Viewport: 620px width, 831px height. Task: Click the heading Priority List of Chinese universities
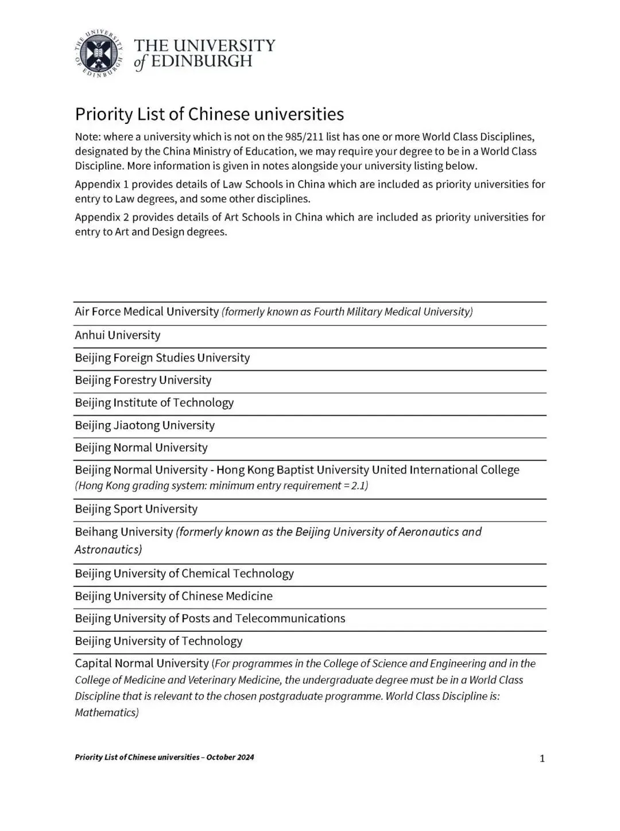(209, 114)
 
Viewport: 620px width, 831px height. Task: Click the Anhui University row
(118, 335)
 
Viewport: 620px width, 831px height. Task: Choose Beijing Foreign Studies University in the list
(162, 358)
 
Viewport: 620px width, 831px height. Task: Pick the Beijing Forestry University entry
(143, 380)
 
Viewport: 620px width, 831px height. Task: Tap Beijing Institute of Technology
(154, 403)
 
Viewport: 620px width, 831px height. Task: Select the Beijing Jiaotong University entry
(145, 425)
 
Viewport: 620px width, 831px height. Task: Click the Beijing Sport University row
(136, 509)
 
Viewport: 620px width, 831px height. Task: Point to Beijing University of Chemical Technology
(184, 573)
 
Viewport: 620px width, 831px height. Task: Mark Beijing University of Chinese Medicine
(173, 596)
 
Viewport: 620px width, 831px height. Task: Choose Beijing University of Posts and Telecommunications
(210, 618)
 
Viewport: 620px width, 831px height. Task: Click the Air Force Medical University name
(146, 312)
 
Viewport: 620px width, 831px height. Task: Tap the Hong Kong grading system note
(221, 486)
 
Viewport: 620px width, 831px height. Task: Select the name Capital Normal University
(142, 663)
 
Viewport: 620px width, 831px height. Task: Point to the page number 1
(542, 759)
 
